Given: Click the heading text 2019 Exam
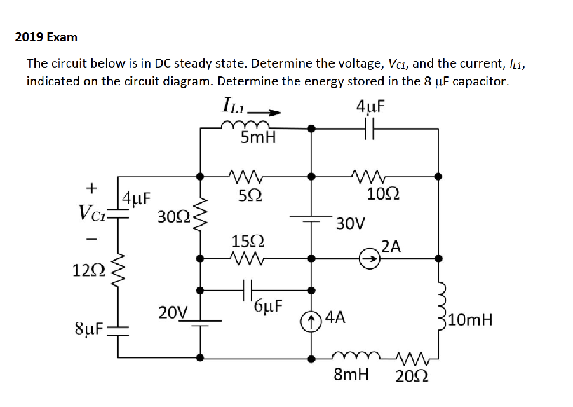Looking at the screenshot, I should point(46,36).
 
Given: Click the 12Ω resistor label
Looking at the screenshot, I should point(88,270).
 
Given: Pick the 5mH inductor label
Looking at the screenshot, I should point(257,139).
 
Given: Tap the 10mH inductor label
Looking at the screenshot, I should point(471,321).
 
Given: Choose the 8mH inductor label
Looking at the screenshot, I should point(351,375).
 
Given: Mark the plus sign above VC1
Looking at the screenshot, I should point(90,188).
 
